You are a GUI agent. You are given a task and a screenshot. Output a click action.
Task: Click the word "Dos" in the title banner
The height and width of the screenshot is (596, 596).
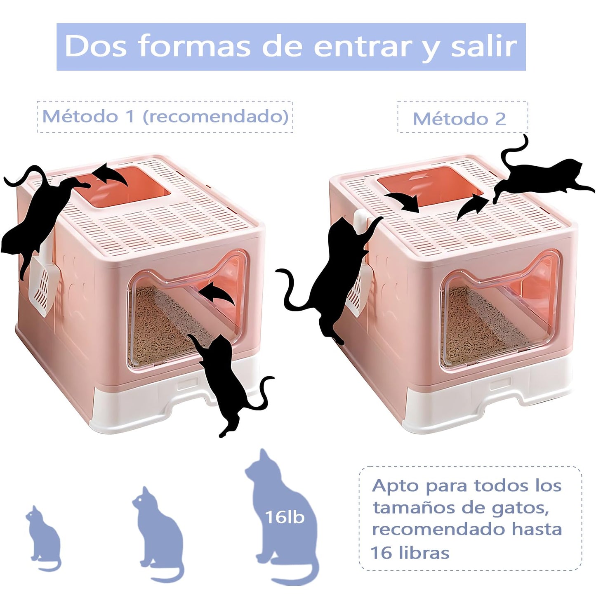tap(95, 46)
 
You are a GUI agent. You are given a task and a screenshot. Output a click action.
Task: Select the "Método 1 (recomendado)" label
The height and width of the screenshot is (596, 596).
tap(165, 116)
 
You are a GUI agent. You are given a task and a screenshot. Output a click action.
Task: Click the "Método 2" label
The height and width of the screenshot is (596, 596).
tap(459, 119)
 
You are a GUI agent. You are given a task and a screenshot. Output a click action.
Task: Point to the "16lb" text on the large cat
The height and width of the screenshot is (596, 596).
tap(285, 517)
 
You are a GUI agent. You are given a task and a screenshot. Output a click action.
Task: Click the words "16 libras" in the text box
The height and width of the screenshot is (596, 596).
tap(410, 553)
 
